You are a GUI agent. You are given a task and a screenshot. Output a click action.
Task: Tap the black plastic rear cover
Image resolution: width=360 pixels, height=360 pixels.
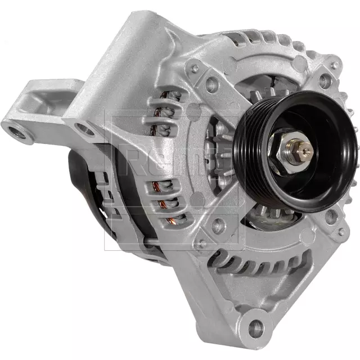click(x=84, y=186)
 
